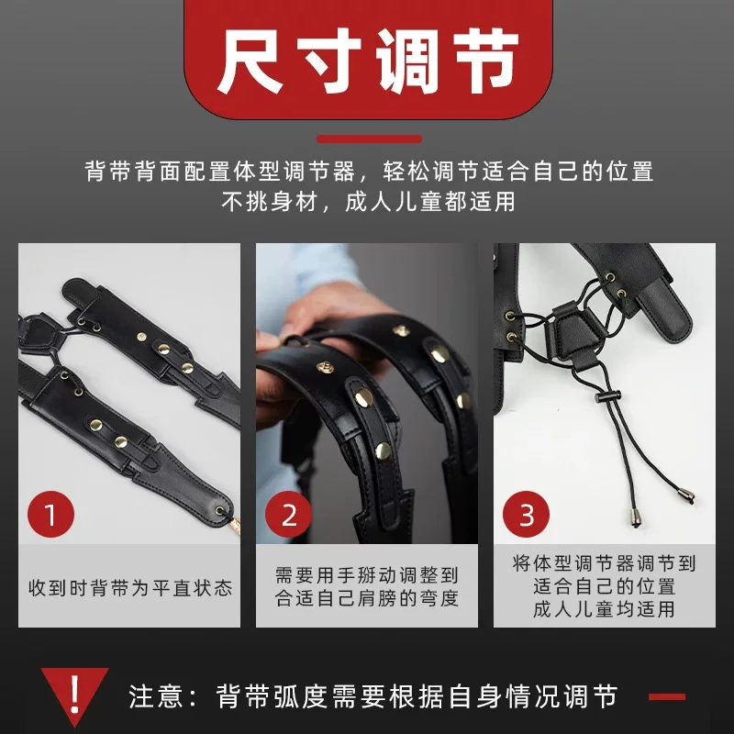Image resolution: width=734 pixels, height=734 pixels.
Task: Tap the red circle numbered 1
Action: pyautogui.click(x=51, y=515)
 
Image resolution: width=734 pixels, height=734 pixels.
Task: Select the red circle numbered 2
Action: pyautogui.click(x=289, y=515)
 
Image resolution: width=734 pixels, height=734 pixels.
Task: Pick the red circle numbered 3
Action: pyautogui.click(x=527, y=515)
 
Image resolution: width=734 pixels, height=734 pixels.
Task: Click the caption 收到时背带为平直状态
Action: pyautogui.click(x=129, y=587)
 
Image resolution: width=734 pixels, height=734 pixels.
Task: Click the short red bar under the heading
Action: pyautogui.click(x=367, y=139)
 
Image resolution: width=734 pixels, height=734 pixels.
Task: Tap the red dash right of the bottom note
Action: pyautogui.click(x=667, y=697)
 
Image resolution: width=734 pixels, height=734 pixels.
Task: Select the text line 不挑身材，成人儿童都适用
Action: pyautogui.click(x=367, y=202)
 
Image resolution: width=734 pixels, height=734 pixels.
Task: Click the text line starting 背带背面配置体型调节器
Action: pyautogui.click(x=367, y=172)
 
